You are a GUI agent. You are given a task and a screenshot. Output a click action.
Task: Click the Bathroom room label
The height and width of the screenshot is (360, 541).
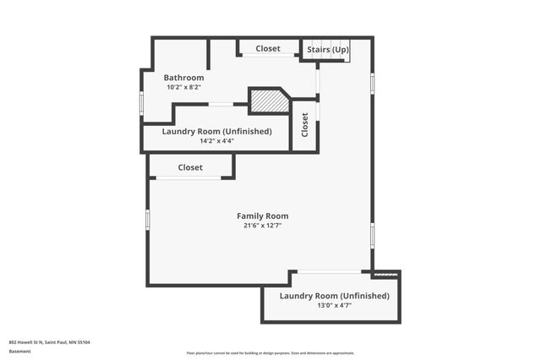pyautogui.click(x=183, y=77)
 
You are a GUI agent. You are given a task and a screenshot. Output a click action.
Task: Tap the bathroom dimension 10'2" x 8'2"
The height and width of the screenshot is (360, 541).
pyautogui.click(x=183, y=87)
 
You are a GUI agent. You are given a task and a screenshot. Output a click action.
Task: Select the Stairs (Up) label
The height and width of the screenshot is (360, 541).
pyautogui.click(x=327, y=50)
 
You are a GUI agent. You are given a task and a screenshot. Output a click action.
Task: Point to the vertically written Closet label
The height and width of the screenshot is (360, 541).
pyautogui.click(x=304, y=126)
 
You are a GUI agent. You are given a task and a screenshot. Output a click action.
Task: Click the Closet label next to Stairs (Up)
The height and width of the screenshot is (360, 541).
pyautogui.click(x=268, y=49)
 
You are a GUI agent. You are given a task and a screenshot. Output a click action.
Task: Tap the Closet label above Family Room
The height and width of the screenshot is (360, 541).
pyautogui.click(x=190, y=167)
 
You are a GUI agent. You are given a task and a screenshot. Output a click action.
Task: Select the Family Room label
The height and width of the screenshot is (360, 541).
pyautogui.click(x=262, y=216)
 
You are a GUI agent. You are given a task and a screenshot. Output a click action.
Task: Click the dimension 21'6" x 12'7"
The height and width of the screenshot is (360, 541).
pyautogui.click(x=262, y=226)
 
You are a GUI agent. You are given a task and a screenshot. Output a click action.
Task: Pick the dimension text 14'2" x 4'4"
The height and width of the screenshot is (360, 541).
pyautogui.click(x=216, y=141)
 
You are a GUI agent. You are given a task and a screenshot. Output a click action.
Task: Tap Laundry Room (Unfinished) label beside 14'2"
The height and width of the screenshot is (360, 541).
pyautogui.click(x=217, y=131)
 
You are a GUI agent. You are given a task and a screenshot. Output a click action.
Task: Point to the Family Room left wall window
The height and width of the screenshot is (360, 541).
pyautogui.click(x=147, y=219)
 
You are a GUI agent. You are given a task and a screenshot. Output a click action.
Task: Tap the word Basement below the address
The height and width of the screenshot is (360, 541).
pyautogui.click(x=19, y=350)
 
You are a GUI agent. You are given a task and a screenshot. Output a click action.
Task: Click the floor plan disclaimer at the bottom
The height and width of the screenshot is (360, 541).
pyautogui.click(x=270, y=353)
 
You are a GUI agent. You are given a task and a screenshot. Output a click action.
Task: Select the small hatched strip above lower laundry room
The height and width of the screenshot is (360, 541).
pyautogui.click(x=385, y=274)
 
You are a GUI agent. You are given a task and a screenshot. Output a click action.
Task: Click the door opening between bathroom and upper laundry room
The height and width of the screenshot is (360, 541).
pyautogui.click(x=221, y=104)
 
